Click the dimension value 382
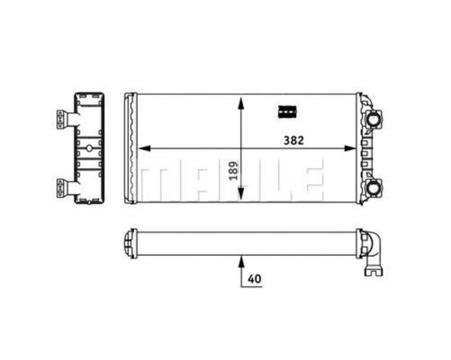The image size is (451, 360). click(x=294, y=141)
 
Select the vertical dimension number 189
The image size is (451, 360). click(x=233, y=170)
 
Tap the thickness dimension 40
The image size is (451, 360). click(x=254, y=279)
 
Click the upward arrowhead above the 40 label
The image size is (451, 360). click(x=241, y=261)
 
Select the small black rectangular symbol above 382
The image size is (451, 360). click(x=288, y=112)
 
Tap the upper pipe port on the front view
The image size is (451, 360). click(x=374, y=119)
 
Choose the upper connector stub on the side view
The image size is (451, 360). click(x=63, y=119)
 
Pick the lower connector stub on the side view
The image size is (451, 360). click(x=63, y=186)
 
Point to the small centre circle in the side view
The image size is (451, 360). click(x=89, y=149)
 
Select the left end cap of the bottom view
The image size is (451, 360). click(x=129, y=242)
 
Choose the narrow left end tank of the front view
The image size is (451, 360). click(x=130, y=148)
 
